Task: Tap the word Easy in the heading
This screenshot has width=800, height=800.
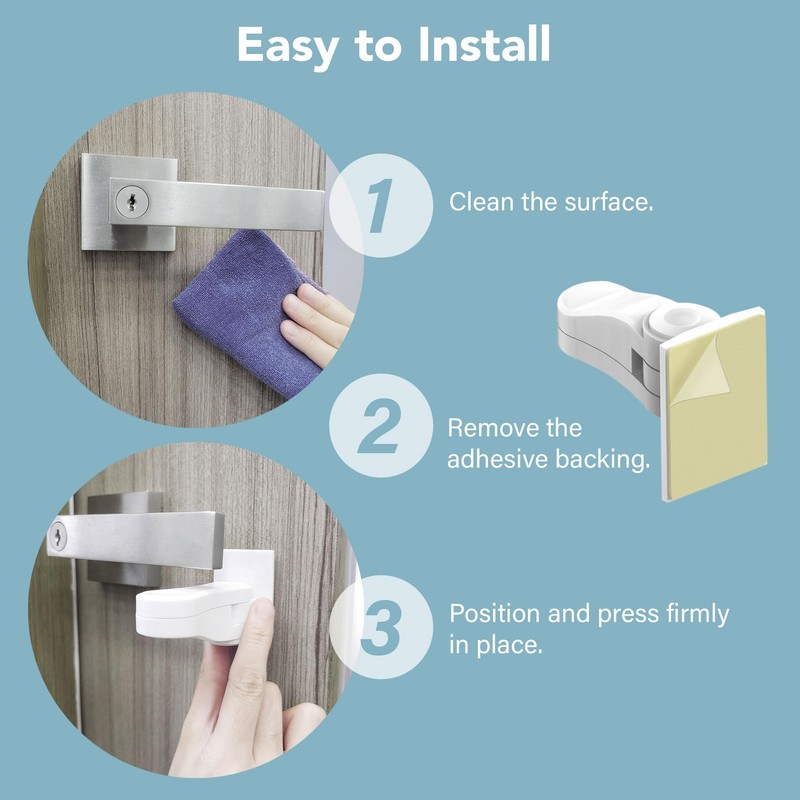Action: tap(294, 46)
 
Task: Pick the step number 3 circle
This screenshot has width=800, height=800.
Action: tap(377, 628)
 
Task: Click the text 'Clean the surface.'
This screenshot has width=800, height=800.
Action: tap(551, 202)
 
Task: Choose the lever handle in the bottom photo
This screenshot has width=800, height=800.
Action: tap(150, 540)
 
